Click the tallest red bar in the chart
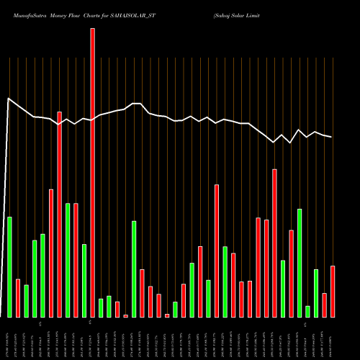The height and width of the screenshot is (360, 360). (x=92, y=173)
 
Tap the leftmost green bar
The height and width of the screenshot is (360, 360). (x=9, y=266)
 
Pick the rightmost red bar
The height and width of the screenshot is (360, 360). (x=333, y=292)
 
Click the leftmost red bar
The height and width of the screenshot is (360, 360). (x=18, y=298)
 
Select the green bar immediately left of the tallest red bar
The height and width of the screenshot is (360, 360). (x=84, y=281)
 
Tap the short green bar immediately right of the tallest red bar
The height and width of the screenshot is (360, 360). (x=101, y=308)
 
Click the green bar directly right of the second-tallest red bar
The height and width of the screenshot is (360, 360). (x=68, y=260)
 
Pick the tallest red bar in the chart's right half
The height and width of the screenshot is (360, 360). (x=274, y=243)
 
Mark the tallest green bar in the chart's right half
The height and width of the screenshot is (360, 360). (x=300, y=263)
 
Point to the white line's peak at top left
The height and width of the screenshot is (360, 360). (x=8, y=99)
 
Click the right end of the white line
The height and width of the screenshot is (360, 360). (x=332, y=137)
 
